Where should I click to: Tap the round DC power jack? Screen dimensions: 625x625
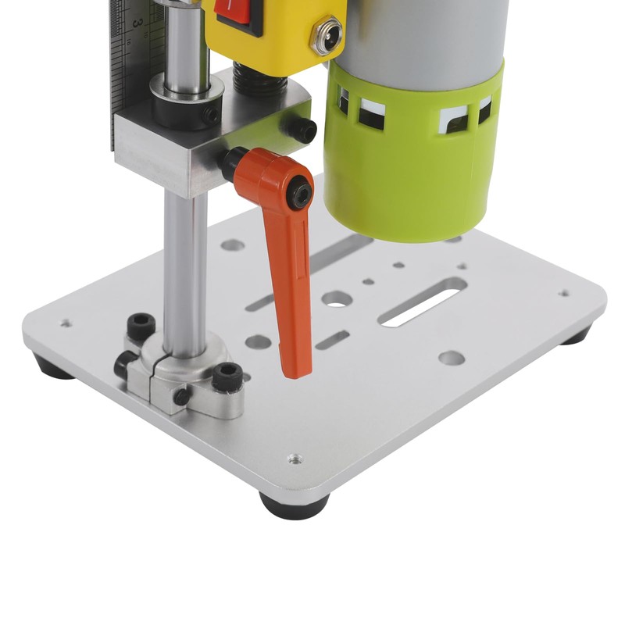tap(326, 36)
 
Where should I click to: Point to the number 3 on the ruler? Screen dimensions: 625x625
tap(137, 23)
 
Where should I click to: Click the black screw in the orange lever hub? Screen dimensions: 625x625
tap(298, 191)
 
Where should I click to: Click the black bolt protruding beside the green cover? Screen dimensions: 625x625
tap(301, 129)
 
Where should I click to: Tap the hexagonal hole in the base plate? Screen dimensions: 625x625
tap(337, 298)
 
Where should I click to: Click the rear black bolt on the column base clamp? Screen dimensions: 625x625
tap(141, 326)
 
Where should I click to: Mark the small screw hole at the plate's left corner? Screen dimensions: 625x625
tap(65, 322)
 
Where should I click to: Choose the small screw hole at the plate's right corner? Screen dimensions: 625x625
tap(563, 294)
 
